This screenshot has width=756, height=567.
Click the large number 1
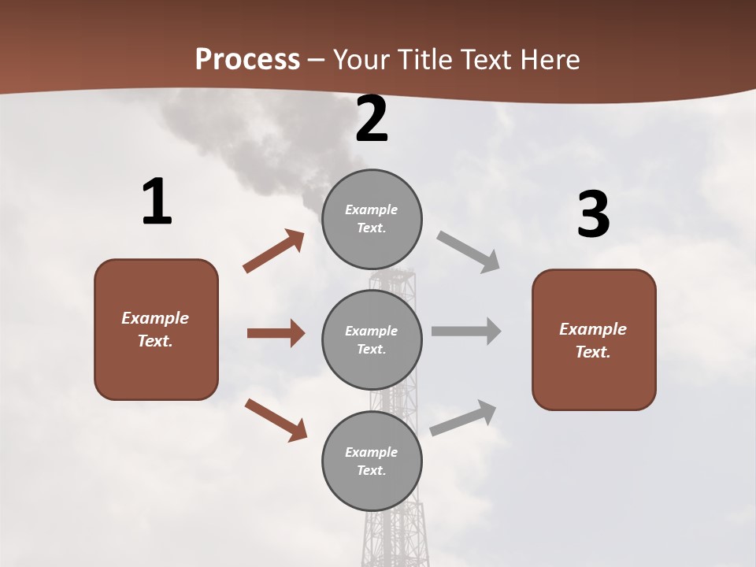pos(157,202)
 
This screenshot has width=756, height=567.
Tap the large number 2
pos(372,120)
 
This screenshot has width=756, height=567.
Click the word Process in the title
pos(247,59)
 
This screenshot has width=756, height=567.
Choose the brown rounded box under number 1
pos(156,329)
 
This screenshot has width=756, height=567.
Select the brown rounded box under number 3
pos(594,340)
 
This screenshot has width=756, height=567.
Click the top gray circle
pos(372,219)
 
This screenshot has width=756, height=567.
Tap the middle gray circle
pos(372,340)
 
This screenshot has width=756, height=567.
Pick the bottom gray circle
pos(372,461)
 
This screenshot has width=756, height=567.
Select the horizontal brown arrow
pos(276,333)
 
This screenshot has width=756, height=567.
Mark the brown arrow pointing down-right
pos(276,419)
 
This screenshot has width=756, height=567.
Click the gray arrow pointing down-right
pos(468,251)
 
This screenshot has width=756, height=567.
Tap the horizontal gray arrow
pos(466,331)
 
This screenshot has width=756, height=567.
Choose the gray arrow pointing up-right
pos(463,417)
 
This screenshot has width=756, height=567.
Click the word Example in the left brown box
pos(155,318)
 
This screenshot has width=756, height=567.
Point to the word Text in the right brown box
pos(592,352)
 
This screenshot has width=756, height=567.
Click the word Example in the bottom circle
pos(371,452)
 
